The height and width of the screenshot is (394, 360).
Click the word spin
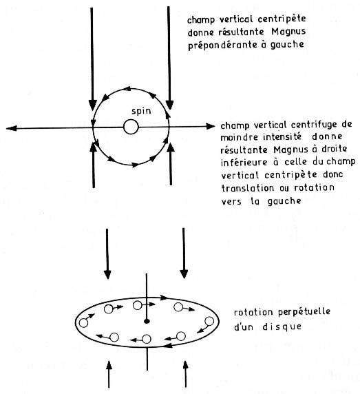coord(141,111)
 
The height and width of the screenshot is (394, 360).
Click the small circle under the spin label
coord(131,127)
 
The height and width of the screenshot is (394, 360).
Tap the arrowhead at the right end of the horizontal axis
coord(210,126)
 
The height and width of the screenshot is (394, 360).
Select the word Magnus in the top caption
coord(288,32)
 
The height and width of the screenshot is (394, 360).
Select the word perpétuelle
coord(304,312)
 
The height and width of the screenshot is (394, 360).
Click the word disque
coord(282,326)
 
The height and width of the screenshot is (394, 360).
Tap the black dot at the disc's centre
coord(147,322)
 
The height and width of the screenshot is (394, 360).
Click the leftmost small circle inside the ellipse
coord(83,323)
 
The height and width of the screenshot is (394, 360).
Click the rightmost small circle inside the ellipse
coord(209,321)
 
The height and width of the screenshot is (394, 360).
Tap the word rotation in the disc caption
coord(253,313)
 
